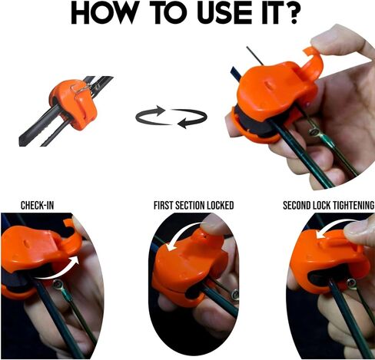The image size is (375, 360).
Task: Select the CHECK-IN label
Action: point(38,205)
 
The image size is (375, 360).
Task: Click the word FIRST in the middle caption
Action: point(163,205)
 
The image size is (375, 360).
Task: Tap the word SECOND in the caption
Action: point(294,205)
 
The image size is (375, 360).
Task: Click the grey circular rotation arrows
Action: point(171,117)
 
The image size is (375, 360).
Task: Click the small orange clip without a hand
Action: point(74,104)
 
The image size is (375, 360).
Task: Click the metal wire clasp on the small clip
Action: point(79,87)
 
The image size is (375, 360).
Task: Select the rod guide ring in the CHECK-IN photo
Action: point(57,285)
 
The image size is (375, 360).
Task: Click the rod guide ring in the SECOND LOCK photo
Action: point(351,283)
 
